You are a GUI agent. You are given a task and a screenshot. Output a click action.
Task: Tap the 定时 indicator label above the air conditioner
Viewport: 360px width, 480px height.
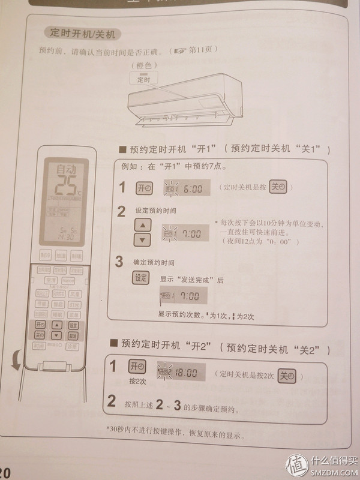(145, 79)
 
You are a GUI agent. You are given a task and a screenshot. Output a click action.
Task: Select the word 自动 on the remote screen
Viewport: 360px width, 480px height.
(62, 170)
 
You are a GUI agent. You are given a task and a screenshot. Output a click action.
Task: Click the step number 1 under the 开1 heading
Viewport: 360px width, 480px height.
(122, 188)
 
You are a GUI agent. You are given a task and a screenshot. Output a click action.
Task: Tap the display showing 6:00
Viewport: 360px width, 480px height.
(186, 188)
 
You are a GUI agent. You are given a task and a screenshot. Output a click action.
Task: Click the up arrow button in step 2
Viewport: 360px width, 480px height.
(142, 226)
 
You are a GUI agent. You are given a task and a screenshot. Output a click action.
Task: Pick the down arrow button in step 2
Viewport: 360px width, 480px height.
(142, 240)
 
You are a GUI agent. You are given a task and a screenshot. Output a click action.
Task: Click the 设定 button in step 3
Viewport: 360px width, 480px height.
(140, 277)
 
